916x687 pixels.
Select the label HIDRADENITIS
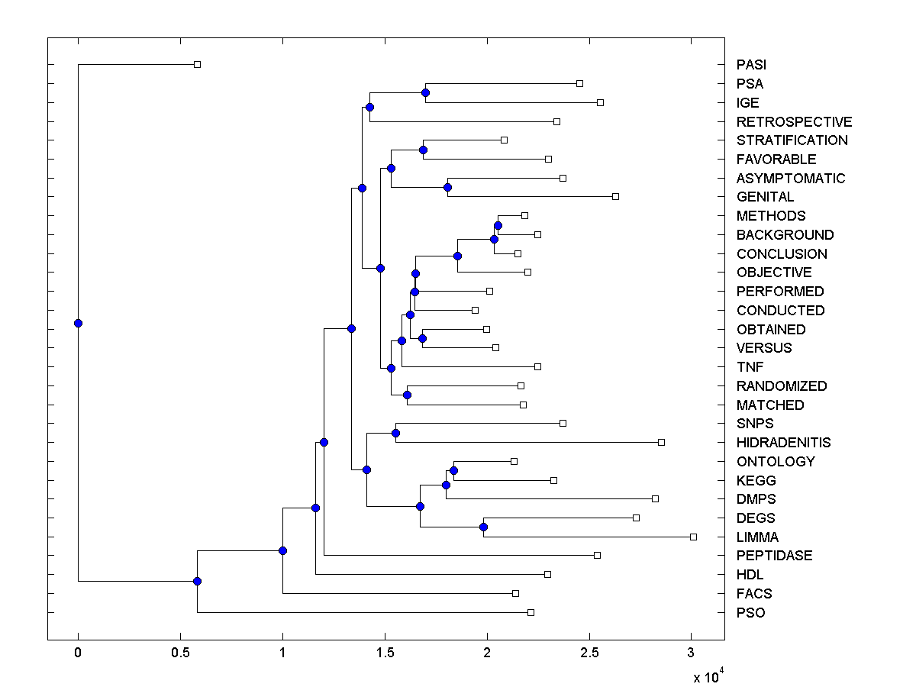point(783,443)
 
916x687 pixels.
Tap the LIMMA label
point(757,537)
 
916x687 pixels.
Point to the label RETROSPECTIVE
point(794,122)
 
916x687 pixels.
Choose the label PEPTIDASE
point(774,556)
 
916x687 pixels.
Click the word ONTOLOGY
point(776,462)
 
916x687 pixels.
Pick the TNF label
point(750,367)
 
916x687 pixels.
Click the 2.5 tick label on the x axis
point(589,652)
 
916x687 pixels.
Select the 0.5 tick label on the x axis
point(180,652)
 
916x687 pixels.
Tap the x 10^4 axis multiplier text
point(707,676)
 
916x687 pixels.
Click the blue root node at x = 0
point(78,323)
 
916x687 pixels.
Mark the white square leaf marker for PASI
point(197,64)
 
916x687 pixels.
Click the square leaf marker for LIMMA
point(693,537)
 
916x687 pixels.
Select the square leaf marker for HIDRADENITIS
point(661,442)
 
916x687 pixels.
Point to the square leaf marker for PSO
point(531,612)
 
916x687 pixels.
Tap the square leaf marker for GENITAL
point(615,196)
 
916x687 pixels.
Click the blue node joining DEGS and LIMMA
point(483,527)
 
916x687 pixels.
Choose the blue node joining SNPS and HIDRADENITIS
point(395,433)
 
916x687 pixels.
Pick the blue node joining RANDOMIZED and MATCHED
point(407,395)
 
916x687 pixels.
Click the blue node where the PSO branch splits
point(197,581)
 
